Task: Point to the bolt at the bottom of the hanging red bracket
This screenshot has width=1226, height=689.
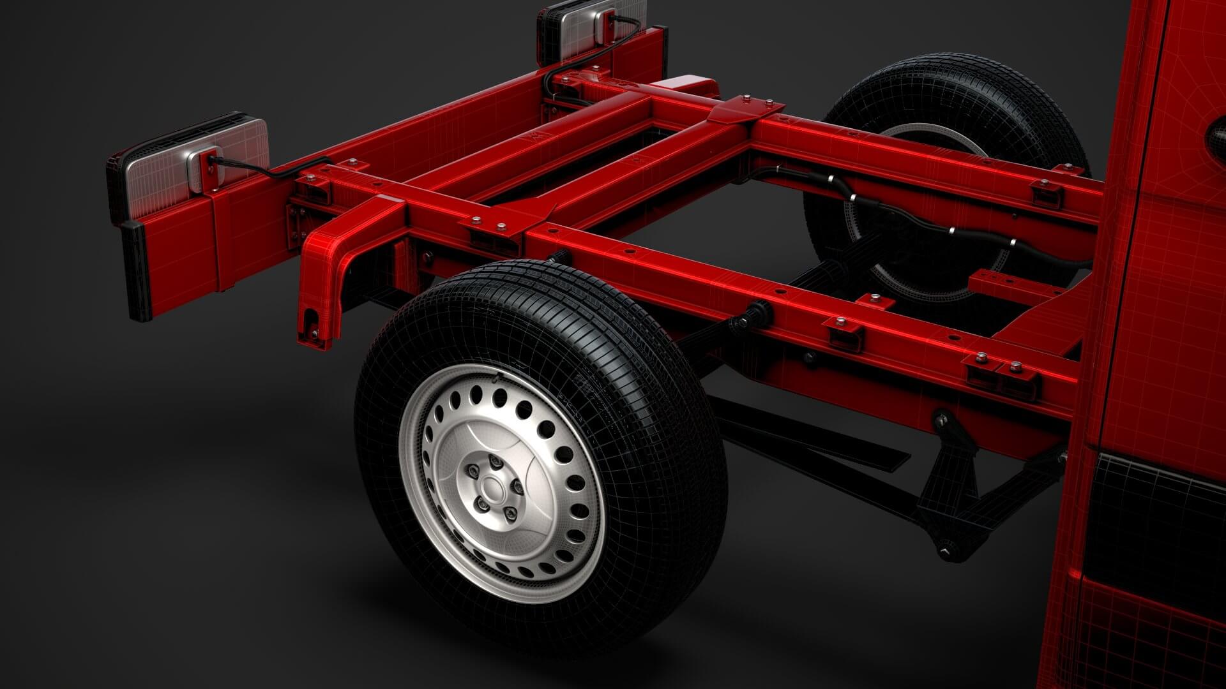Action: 314,333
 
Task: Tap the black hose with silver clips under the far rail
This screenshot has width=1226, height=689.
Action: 894,217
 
